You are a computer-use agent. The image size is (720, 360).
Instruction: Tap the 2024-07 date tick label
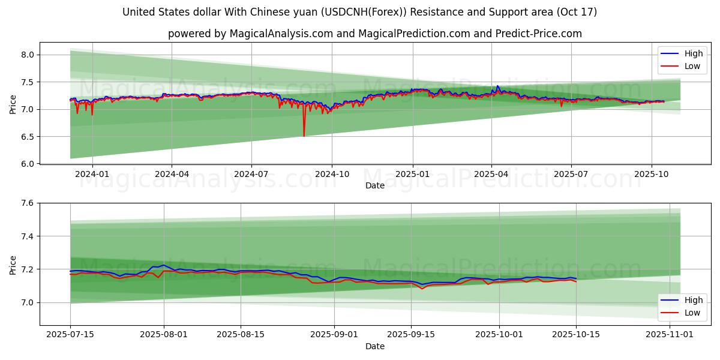pyautogui.click(x=251, y=174)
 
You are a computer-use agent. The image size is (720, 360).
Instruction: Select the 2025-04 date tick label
pyautogui.click(x=491, y=174)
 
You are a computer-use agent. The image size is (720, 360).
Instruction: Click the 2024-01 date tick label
pyautogui.click(x=92, y=174)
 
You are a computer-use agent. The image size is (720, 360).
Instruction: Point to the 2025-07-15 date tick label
pyautogui.click(x=70, y=335)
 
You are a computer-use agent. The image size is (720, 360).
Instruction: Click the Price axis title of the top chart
pyautogui.click(x=13, y=104)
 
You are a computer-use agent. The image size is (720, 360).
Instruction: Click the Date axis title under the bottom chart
pyautogui.click(x=375, y=346)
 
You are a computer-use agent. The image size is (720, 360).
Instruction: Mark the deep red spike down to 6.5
pyautogui.click(x=304, y=135)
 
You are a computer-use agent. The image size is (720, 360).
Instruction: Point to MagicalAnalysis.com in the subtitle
pyautogui.click(x=281, y=34)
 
